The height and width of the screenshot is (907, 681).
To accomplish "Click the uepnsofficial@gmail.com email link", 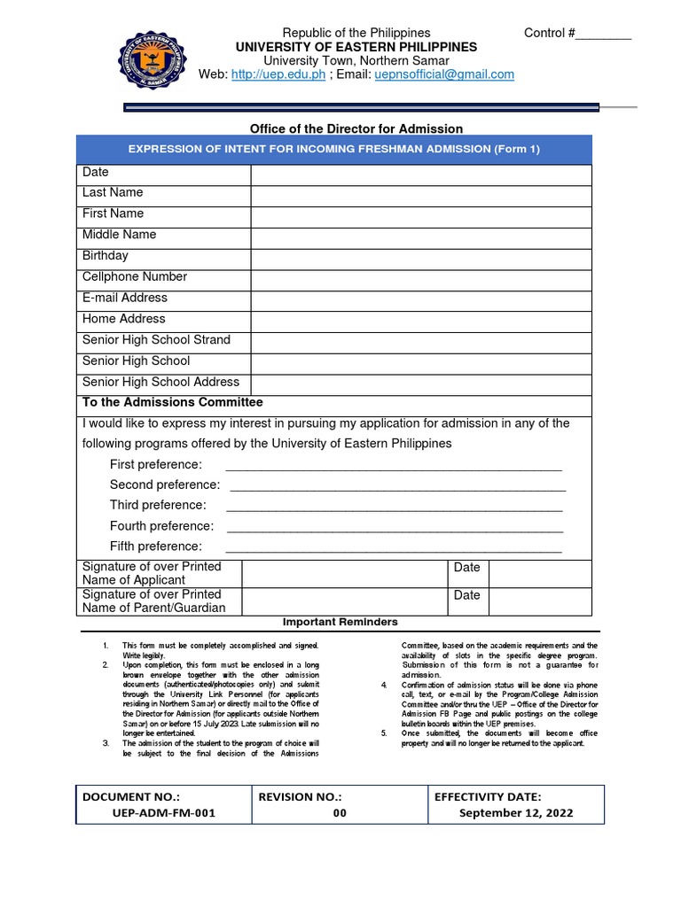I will (432, 74).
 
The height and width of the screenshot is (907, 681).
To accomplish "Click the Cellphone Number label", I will (135, 276).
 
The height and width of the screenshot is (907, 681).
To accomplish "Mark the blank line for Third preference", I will (394, 507).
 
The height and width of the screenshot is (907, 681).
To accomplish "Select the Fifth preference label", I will (155, 547).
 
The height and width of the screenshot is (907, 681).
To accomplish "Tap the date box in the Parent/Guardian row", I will (539, 601).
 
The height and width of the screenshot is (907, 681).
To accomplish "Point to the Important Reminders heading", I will (340, 622).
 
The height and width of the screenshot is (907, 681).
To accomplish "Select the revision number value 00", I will (340, 813).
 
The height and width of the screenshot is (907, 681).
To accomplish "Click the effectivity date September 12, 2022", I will (515, 813).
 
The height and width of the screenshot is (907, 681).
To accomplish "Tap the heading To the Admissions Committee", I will (172, 402).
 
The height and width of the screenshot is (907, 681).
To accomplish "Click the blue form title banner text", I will (333, 149).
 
